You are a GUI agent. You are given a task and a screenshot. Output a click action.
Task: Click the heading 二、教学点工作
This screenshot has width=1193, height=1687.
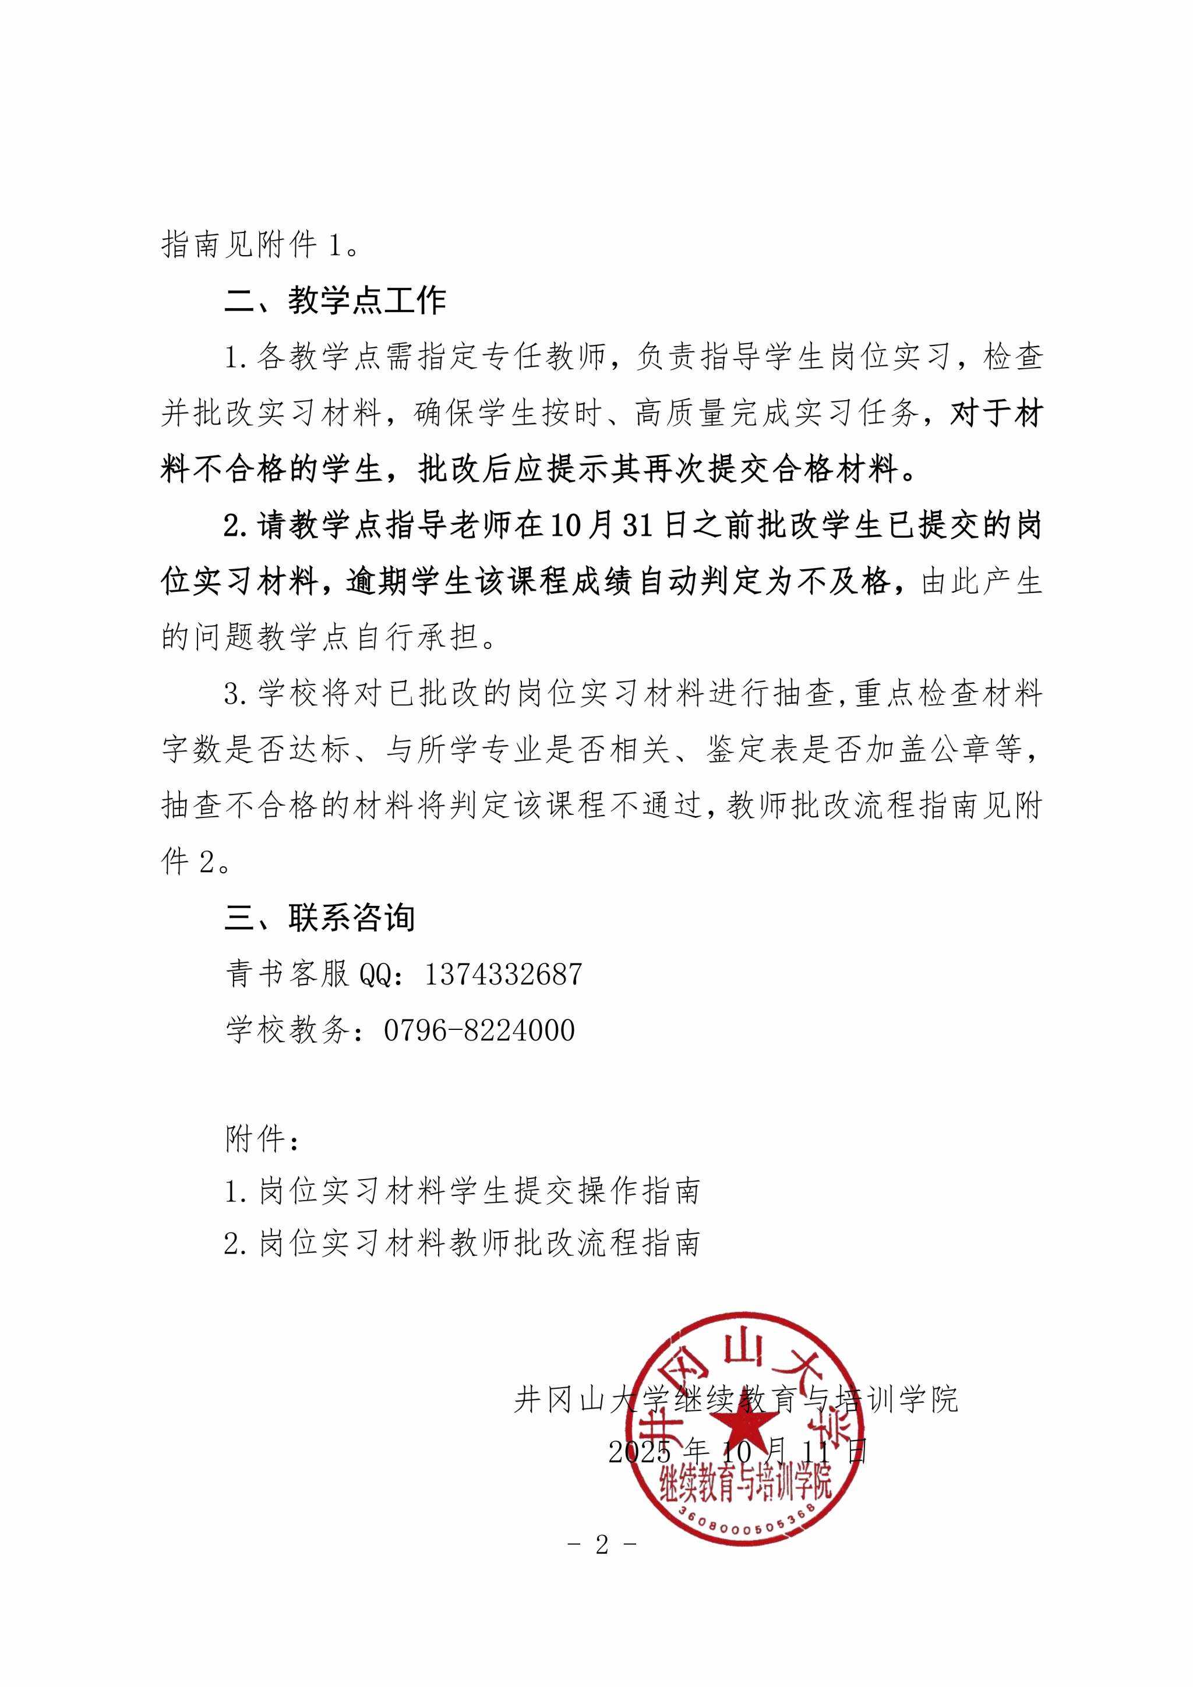(x=335, y=301)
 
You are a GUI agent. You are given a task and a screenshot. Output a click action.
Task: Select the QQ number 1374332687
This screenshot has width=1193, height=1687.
(x=503, y=975)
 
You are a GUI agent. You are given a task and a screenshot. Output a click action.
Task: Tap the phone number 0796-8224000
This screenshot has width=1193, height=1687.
(x=479, y=1030)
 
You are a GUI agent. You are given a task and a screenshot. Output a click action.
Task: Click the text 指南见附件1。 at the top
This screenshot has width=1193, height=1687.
(x=261, y=245)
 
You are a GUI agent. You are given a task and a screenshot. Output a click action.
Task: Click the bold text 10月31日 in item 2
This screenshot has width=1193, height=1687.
(x=617, y=525)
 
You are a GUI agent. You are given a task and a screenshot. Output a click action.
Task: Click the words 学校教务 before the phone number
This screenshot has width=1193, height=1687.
(x=287, y=1030)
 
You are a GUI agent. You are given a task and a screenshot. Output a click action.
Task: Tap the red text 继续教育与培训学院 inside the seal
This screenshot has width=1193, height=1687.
(x=745, y=1484)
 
